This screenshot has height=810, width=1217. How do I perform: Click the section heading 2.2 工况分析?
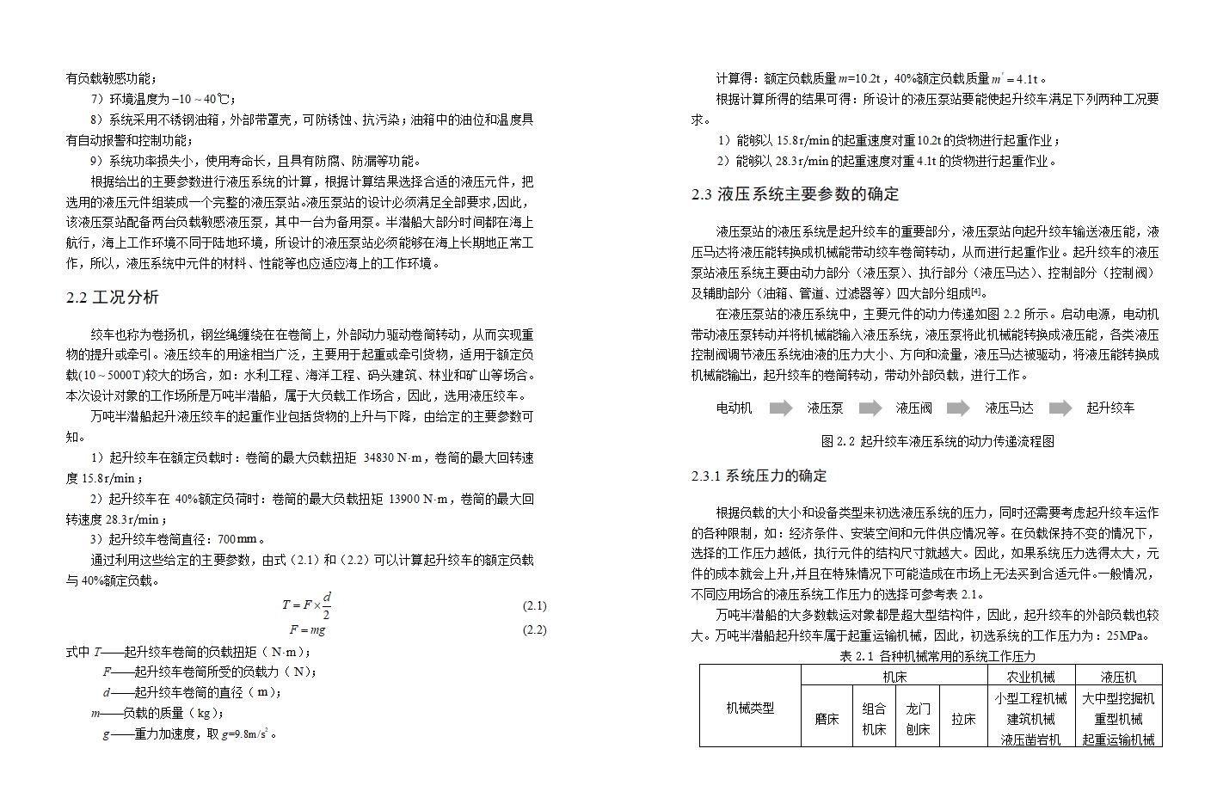pos(113,298)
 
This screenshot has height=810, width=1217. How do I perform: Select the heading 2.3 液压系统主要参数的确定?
pos(795,194)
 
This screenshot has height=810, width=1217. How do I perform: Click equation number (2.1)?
pos(534,606)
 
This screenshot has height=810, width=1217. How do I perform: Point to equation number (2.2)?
pos(534,630)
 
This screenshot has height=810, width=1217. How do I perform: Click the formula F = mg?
pos(307,630)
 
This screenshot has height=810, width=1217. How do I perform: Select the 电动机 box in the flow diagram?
pos(734,408)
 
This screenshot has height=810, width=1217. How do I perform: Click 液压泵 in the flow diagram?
pos(825,408)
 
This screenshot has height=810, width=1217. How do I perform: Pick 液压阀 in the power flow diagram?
pos(913,408)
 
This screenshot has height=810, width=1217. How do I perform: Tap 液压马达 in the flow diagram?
pos(1009,408)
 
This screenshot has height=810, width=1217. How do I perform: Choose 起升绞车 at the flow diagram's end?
pos(1109,408)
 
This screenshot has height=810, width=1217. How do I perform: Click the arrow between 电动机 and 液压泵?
pos(780,408)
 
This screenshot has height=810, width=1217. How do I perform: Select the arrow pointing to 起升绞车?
pos(1060,408)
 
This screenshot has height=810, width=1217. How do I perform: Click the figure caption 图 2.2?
pos(937,442)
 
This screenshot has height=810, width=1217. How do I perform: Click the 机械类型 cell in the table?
pos(750,709)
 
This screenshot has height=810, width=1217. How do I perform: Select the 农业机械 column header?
pos(1030,678)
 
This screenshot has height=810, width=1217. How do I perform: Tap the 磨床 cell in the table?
pos(827,719)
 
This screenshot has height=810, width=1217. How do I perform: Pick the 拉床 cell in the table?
pos(963,719)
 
